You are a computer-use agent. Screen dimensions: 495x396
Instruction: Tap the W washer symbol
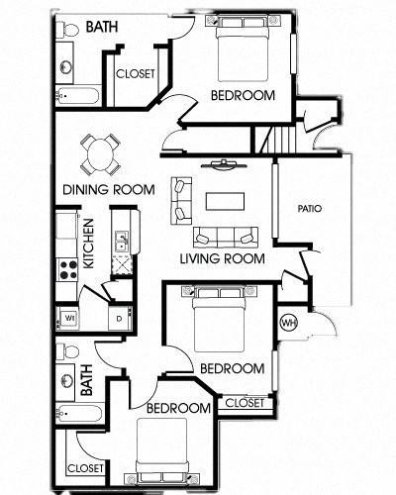(69, 318)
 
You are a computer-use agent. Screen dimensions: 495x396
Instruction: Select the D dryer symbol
(118, 318)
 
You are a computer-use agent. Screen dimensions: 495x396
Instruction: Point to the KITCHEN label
(87, 244)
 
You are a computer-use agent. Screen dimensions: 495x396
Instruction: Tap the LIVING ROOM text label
(222, 259)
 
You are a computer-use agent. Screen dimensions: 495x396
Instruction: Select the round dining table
(98, 152)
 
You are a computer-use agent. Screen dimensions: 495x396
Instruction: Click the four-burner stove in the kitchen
(69, 268)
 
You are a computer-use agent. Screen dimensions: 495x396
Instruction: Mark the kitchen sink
(122, 240)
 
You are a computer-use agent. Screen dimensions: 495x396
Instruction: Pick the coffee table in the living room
(224, 201)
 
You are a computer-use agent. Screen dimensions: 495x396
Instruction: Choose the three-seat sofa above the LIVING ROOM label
(225, 237)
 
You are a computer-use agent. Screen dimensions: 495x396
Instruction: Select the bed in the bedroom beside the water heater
(224, 317)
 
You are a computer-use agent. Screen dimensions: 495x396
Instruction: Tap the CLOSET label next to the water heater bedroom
(244, 402)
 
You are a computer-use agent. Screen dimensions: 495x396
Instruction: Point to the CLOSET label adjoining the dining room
(134, 74)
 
